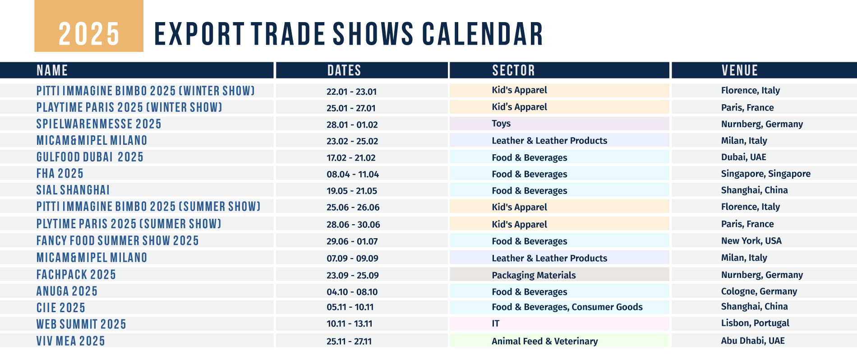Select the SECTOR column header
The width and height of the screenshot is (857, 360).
(x=513, y=70)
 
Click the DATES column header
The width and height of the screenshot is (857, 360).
(x=344, y=70)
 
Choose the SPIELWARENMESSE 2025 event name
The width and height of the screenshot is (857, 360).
(x=99, y=124)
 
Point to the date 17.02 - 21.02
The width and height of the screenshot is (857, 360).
(x=351, y=158)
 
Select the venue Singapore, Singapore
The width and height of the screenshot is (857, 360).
(x=765, y=174)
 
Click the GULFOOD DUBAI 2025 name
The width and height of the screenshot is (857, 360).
(x=90, y=157)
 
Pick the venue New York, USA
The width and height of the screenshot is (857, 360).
(x=751, y=241)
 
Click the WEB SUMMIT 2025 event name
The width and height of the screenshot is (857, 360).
(x=81, y=324)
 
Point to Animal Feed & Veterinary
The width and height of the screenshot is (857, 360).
(x=544, y=341)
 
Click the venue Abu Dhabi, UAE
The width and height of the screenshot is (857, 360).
(x=752, y=341)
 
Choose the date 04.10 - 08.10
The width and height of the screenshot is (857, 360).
(x=352, y=292)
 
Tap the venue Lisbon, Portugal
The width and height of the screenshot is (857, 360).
(x=755, y=323)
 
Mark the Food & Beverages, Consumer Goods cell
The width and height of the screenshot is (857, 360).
(x=567, y=307)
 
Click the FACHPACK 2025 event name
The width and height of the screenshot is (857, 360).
(x=76, y=275)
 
